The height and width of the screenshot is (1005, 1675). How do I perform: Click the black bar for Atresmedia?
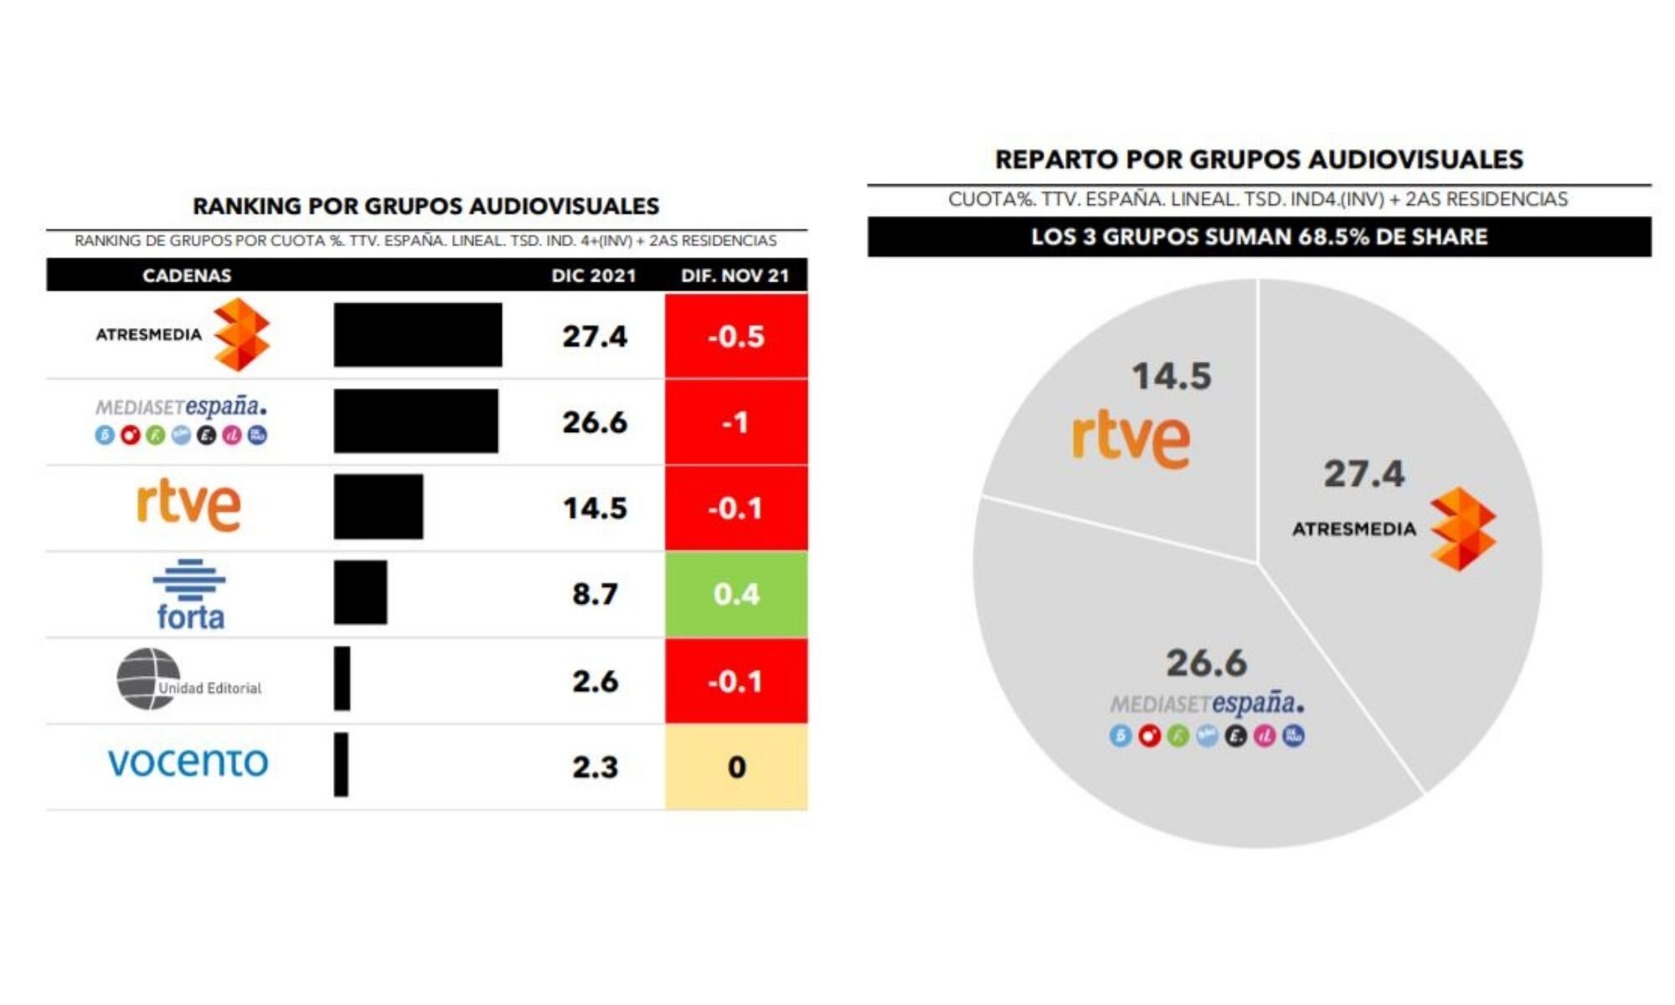pos(417,335)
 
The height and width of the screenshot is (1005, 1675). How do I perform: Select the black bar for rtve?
pos(378,507)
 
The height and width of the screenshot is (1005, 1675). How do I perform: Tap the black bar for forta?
pos(360,593)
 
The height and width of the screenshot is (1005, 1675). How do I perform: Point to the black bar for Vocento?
pos(341,765)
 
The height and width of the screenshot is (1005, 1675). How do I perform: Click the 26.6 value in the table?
pos(594,422)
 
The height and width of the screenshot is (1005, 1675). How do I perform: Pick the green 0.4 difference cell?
pos(736,594)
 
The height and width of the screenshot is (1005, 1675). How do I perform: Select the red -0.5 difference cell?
pos(736,336)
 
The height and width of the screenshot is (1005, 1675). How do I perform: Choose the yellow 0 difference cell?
pos(736,766)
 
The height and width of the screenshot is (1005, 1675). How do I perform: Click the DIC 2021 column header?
pos(594,276)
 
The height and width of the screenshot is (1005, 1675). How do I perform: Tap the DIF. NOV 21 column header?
pos(734,276)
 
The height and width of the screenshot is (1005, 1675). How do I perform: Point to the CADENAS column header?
pos(187,276)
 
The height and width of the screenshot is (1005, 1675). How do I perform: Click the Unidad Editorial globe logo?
pos(148,679)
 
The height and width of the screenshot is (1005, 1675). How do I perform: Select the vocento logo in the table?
pos(188,761)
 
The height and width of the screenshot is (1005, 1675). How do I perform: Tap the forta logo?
pos(189,595)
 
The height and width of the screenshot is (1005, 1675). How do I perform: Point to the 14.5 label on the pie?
pos(1171,376)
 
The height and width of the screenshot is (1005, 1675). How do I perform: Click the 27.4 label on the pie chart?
pos(1363,474)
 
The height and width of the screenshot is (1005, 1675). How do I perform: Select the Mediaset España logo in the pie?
pos(1207,717)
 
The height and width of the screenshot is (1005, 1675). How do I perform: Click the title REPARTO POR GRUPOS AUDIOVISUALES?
pos(1259,159)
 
